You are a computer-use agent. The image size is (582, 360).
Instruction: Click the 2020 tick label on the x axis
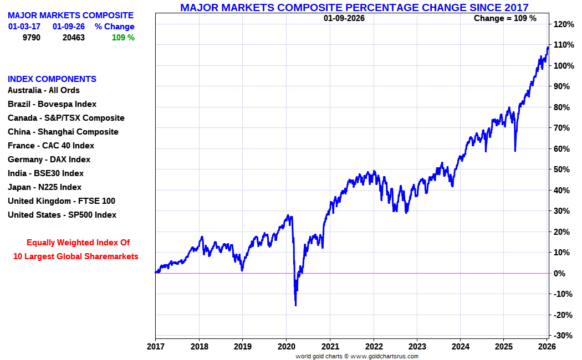[286, 347]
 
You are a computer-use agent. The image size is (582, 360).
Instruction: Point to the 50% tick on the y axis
[562, 169]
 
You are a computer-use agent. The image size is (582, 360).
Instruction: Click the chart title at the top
[354, 7]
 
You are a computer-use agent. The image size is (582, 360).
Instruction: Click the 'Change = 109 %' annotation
[505, 18]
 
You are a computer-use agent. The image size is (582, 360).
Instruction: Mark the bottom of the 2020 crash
[295, 305]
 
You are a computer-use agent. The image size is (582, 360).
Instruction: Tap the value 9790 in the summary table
[31, 38]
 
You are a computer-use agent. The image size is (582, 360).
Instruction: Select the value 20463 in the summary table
[74, 38]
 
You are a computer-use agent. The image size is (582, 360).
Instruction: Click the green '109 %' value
[123, 38]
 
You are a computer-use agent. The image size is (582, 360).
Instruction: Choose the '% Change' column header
[115, 27]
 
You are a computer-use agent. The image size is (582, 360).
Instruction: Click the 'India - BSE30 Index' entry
[45, 173]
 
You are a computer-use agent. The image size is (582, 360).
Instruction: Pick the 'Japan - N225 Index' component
[44, 187]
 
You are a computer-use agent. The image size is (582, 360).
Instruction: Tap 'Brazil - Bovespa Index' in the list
[52, 104]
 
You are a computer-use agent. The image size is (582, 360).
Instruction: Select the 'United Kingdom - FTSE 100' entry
[62, 201]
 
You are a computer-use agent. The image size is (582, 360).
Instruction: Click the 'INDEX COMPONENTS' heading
[52, 79]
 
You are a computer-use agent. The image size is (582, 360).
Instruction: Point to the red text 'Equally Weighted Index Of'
[78, 243]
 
